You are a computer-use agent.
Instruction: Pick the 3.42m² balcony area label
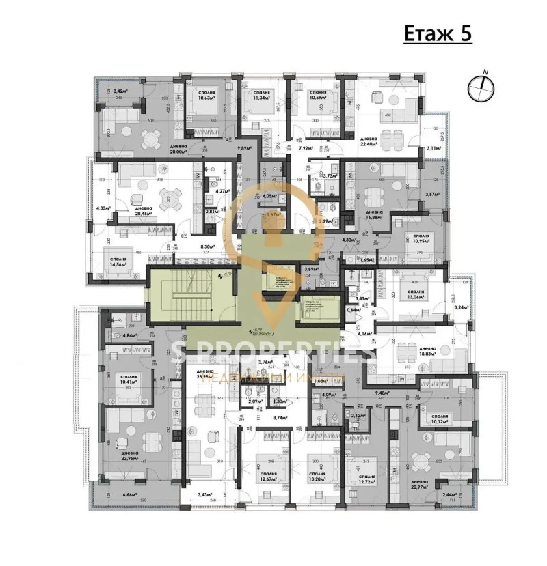(120, 91)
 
